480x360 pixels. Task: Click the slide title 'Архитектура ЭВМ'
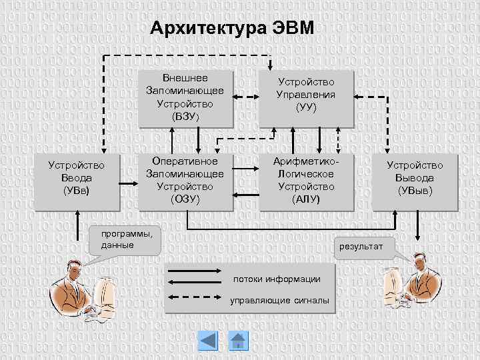coord(231,29)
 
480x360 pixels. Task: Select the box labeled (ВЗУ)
coord(185,98)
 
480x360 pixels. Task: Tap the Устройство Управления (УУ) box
coord(306,98)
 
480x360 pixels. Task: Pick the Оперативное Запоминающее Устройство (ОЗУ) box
coord(185,180)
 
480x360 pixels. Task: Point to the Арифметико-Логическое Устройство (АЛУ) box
coord(306,180)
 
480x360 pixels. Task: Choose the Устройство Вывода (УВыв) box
coord(415,179)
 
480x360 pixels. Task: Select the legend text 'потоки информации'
coord(276,279)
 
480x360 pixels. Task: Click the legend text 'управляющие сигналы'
coord(279,301)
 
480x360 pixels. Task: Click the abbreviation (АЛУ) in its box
coord(306,199)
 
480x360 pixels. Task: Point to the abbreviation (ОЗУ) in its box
coord(185,199)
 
